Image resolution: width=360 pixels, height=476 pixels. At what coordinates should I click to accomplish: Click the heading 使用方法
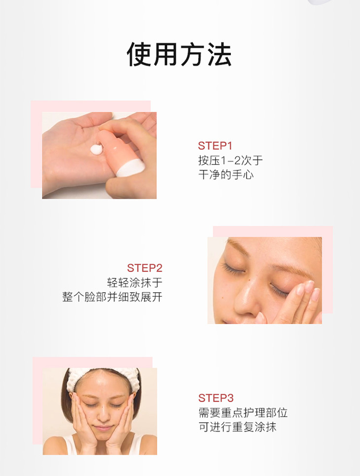coord(179,54)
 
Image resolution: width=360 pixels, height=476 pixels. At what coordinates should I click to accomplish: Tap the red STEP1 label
coord(215,146)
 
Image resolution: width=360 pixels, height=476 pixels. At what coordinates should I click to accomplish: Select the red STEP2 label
coord(144,268)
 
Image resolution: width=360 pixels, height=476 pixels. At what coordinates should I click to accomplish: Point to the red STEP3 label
coord(216,398)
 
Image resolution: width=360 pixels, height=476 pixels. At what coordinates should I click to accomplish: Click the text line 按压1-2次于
coord(230,160)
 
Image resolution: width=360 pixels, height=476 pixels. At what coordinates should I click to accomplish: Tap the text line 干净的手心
coord(226,175)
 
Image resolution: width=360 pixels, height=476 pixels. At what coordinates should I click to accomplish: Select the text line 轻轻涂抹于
coord(135,283)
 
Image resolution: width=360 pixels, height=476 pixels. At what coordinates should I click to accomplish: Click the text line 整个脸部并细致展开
coord(112,297)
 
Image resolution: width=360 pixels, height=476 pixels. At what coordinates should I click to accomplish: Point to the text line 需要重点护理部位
coord(243,413)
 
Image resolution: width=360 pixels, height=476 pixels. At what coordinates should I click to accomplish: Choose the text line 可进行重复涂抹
coord(237,427)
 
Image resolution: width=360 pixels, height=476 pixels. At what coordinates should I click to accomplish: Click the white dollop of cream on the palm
coord(97,149)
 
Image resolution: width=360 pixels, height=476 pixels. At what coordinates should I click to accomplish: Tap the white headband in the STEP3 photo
coord(103,376)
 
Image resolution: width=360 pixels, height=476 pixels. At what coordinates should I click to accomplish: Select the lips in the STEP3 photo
coord(103,428)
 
